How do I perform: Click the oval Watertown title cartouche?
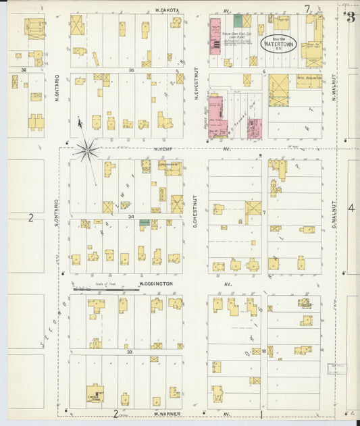[x=280, y=44]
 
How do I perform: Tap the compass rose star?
[x=86, y=149]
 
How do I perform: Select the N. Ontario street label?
[x=57, y=88]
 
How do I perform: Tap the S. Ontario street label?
[x=57, y=211]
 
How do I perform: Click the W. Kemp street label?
[x=164, y=149]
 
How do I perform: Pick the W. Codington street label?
[x=156, y=284]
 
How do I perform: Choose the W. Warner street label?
[x=165, y=413]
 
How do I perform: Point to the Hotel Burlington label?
[x=308, y=78]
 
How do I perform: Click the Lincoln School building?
[x=95, y=393]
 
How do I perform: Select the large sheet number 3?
[x=350, y=17]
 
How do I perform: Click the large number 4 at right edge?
[x=351, y=208]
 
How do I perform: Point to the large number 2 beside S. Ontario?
[x=30, y=217]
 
